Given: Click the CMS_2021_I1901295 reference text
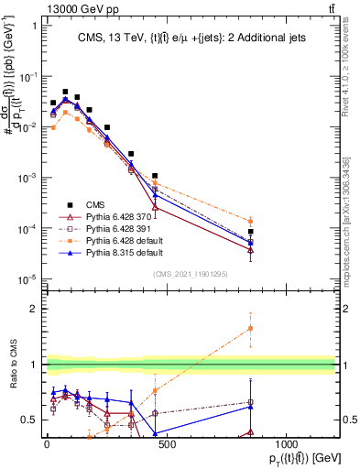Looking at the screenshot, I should tap(191, 274).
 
